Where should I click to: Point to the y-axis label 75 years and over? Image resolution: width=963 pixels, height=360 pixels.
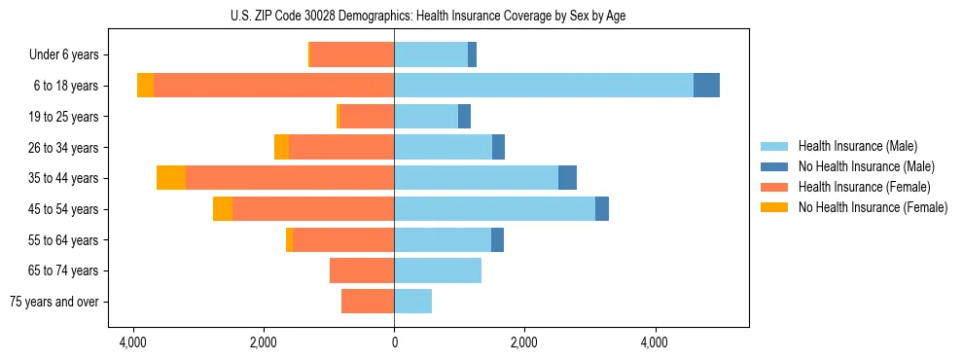(x=53, y=302)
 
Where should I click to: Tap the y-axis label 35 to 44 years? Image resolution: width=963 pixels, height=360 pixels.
(x=63, y=178)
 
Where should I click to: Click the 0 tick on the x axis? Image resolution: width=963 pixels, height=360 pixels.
(x=394, y=342)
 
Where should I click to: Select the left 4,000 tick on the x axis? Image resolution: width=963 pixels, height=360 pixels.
(x=133, y=342)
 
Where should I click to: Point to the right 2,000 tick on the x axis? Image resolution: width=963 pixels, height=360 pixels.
(x=524, y=342)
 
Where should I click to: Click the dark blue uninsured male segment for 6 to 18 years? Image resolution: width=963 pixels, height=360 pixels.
(x=706, y=86)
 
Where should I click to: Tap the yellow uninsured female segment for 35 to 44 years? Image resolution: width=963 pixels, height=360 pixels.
(x=171, y=178)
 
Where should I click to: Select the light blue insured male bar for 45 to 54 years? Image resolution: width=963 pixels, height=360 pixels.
(x=494, y=209)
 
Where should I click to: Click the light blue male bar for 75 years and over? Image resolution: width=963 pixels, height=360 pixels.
(x=412, y=302)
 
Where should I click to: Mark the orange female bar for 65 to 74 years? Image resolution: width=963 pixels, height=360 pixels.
(x=362, y=270)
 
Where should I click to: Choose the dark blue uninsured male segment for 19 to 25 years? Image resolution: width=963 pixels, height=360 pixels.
(x=464, y=117)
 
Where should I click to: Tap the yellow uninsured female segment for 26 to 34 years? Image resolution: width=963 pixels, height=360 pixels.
(x=281, y=147)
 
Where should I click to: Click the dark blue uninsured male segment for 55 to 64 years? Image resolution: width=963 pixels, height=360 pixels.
(x=497, y=239)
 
